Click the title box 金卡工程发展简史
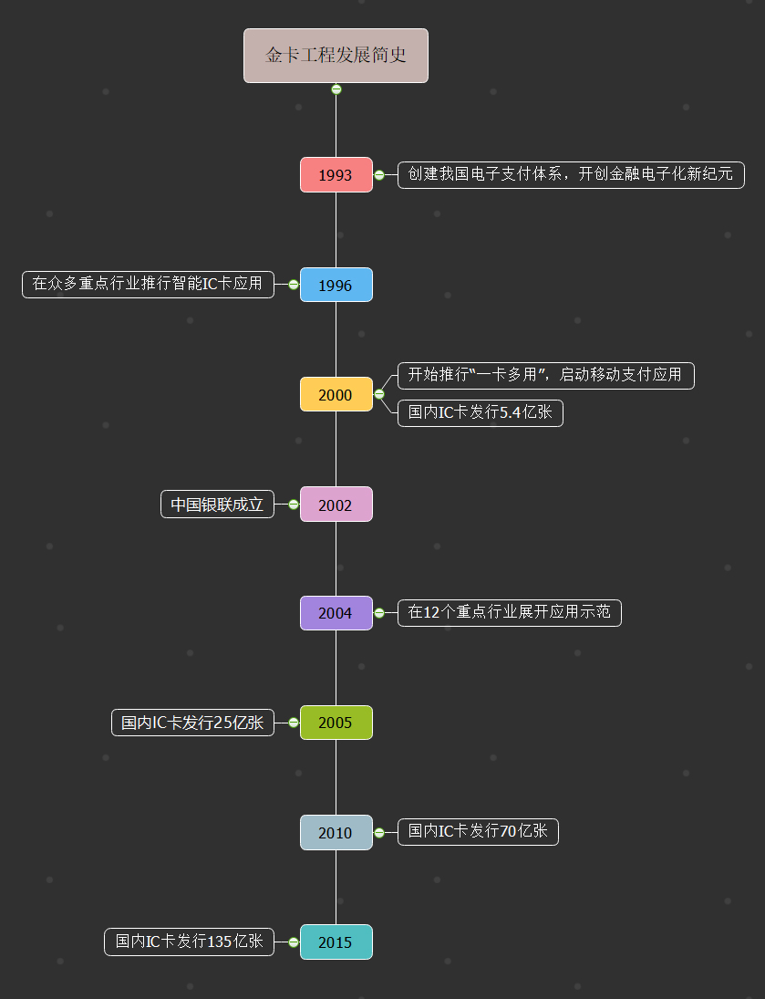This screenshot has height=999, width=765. click(336, 56)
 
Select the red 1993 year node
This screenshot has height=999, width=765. click(336, 174)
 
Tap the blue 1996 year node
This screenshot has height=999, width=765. click(336, 285)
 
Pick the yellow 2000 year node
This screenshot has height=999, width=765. click(336, 394)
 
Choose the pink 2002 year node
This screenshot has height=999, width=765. click(336, 504)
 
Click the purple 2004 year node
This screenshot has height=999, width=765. click(336, 613)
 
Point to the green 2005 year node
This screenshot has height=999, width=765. click(336, 723)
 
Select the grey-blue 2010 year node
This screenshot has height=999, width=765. click(336, 832)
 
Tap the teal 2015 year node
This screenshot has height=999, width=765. click(336, 942)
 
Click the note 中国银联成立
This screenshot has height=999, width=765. click(217, 504)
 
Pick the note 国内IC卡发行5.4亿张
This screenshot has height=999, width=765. click(481, 413)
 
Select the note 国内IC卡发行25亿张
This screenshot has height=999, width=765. click(193, 723)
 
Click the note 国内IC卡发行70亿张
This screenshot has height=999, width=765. click(478, 832)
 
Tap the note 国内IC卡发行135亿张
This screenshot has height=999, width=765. click(189, 942)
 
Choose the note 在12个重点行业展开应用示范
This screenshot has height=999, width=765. click(510, 613)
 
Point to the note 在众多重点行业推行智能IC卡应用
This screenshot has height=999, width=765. click(149, 284)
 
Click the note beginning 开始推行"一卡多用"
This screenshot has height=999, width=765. click(546, 375)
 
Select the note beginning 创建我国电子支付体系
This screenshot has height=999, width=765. click(571, 174)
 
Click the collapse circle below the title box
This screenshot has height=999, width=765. click(336, 89)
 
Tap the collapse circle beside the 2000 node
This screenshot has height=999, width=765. click(379, 394)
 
